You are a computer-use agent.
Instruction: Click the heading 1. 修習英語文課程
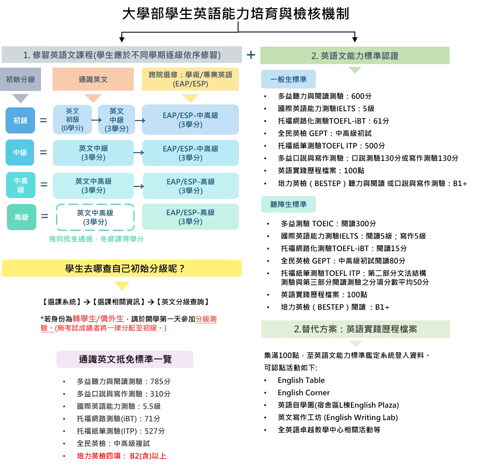[121, 55]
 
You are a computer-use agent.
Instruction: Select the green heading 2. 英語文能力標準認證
[355, 55]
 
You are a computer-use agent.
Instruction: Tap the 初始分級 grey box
[21, 79]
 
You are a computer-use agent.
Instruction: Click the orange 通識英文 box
[93, 79]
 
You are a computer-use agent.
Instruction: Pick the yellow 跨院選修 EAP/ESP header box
[190, 79]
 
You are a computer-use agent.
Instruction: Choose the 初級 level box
[20, 120]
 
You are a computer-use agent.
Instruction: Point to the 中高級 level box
[21, 185]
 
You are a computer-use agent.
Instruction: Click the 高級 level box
[21, 217]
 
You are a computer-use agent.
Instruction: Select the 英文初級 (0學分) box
[72, 119]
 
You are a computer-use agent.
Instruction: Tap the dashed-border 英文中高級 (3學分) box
[95, 217]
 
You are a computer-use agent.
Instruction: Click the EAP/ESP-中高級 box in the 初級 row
[190, 120]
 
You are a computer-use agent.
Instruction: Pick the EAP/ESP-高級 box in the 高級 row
[190, 217]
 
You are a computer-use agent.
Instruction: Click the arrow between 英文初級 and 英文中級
[96, 120]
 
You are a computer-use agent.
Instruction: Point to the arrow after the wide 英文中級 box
[138, 152]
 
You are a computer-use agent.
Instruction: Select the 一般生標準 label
[289, 79]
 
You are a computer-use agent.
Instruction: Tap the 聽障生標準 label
[289, 204]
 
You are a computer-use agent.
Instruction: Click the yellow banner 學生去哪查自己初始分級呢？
[121, 268]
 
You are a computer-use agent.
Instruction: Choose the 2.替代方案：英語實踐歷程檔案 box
[355, 329]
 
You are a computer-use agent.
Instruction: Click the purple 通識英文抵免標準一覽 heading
[125, 359]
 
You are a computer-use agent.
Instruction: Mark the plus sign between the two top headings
[251, 55]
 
